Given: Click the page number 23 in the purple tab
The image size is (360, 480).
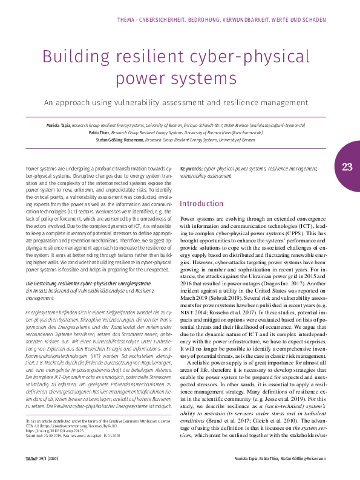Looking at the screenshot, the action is [347, 167].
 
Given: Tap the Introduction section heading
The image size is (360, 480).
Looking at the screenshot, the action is [201, 204].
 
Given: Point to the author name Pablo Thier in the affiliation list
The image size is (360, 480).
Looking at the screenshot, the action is [100, 132].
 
